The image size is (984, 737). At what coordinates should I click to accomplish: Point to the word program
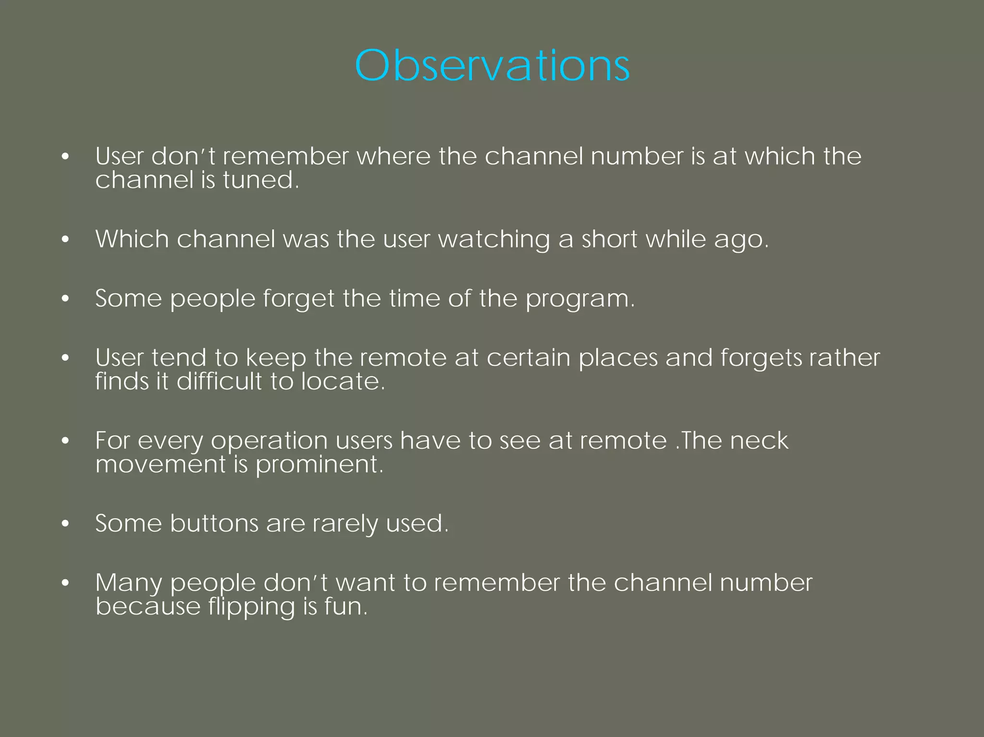579,299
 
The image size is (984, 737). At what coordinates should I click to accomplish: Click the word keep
276,358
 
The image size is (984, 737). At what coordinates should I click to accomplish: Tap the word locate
343,381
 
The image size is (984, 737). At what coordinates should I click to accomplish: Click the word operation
269,441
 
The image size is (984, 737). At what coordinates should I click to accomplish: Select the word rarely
345,524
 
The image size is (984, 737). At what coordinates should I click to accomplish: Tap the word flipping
251,607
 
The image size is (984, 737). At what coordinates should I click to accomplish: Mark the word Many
129,583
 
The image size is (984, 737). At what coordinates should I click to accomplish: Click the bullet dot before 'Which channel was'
66,239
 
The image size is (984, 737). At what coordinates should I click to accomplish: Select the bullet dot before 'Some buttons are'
66,524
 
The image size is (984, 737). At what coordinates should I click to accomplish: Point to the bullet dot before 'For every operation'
66,441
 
